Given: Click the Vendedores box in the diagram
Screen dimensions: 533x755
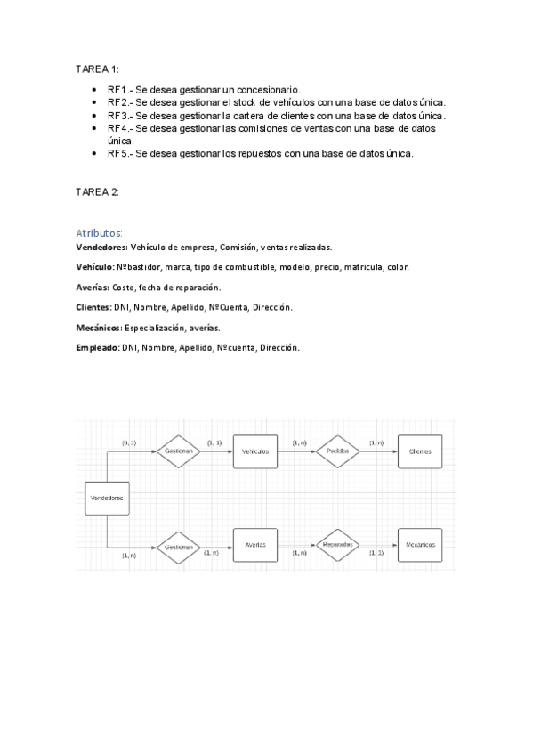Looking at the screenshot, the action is (106, 499).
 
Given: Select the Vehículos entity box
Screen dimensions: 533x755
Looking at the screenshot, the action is (255, 451).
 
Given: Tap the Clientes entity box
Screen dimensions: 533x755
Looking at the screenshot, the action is (420, 451).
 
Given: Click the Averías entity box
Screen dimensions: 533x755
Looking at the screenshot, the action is (255, 544).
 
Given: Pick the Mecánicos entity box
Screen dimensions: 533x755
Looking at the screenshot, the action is (420, 544).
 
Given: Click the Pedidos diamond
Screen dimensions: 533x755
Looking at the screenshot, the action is (338, 451).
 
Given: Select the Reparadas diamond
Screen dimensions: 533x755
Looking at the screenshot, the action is (338, 544).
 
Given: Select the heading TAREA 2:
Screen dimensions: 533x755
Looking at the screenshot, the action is (97, 191).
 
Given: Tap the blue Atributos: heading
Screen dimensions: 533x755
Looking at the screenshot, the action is (100, 232).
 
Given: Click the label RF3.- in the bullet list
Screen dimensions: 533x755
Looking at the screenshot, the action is (120, 115).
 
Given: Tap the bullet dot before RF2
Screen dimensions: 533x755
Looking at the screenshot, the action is (95, 103).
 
